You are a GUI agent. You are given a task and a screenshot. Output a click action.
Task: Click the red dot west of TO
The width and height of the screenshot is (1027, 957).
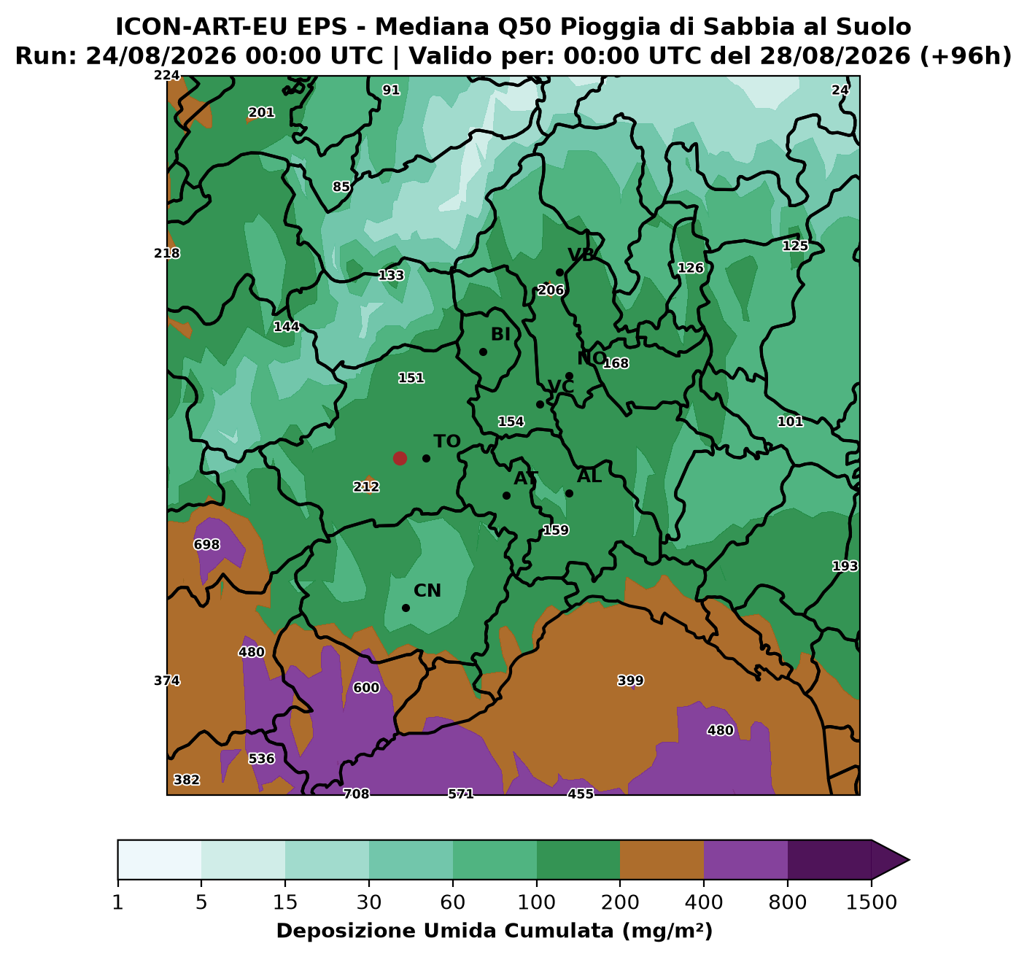(x=400, y=458)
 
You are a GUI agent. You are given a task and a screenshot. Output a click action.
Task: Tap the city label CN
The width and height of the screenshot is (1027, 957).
(x=427, y=590)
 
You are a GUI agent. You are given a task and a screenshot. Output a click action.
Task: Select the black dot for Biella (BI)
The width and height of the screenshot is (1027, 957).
(x=483, y=352)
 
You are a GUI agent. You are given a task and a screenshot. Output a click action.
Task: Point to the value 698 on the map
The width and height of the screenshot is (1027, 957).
(x=207, y=544)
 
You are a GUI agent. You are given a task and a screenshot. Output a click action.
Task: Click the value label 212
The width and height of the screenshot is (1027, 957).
(x=366, y=487)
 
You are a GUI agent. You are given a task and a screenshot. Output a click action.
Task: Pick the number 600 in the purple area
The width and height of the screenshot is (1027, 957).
(x=366, y=688)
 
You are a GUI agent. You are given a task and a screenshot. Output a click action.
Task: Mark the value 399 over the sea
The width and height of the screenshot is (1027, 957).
(x=630, y=681)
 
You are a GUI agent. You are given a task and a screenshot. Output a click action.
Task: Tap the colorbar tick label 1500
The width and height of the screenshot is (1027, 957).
(x=871, y=902)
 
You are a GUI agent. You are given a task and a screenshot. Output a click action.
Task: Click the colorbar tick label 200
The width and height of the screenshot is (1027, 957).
(x=620, y=902)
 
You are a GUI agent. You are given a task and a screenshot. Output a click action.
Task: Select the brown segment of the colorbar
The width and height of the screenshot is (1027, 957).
(x=662, y=860)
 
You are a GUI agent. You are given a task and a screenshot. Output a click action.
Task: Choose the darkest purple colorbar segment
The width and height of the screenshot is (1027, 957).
(x=829, y=860)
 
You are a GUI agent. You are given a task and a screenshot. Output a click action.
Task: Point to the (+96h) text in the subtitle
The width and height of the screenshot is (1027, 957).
(x=966, y=56)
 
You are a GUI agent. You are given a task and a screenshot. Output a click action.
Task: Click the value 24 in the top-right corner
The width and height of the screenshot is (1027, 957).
(x=840, y=90)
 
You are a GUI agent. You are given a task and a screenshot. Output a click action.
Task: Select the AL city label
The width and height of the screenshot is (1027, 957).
(x=589, y=476)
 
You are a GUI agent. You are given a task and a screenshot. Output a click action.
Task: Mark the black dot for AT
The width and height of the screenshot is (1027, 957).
(x=506, y=495)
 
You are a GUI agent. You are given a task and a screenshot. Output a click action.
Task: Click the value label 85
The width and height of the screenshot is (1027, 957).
(x=341, y=186)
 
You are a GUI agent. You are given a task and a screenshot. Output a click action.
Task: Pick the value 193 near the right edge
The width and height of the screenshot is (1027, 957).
(x=845, y=566)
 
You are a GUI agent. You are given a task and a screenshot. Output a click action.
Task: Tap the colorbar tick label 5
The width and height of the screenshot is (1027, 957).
(x=201, y=902)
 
